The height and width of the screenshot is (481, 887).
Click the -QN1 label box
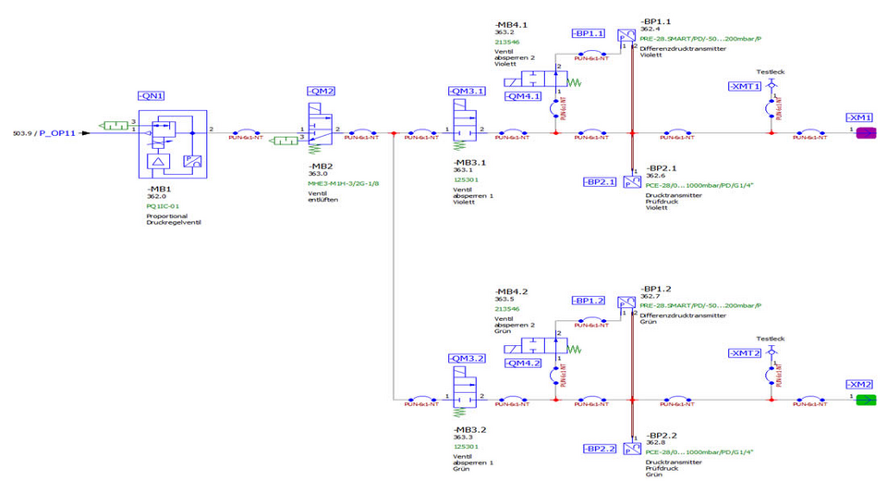(151, 95)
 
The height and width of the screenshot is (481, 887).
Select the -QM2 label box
(320, 91)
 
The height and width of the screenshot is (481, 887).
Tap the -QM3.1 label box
(466, 91)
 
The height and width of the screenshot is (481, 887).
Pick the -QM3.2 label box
(466, 358)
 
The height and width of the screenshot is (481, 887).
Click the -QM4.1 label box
(524, 95)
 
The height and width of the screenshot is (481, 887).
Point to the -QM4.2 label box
(524, 363)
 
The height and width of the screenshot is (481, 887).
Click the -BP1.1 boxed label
(588, 33)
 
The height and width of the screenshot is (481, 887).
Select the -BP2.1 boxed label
(601, 181)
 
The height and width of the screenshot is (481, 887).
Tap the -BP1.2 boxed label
(588, 301)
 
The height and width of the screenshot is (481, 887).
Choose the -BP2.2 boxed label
(601, 449)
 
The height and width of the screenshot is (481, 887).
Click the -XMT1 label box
(745, 86)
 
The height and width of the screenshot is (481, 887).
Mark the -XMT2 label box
(745, 353)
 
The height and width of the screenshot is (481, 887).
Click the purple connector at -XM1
(866, 133)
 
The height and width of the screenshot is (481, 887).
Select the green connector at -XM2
(866, 400)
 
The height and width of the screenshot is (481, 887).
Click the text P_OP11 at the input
(56, 133)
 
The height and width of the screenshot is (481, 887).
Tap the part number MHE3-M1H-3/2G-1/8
(343, 183)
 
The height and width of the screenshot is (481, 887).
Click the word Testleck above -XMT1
(770, 70)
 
